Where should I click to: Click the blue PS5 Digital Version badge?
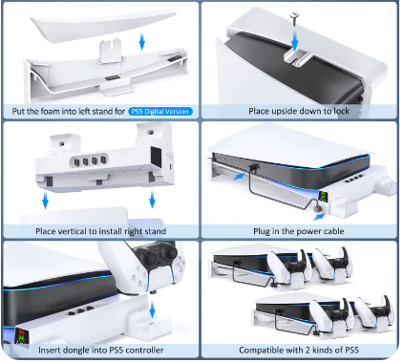point(160,112)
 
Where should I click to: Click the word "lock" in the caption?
point(341,111)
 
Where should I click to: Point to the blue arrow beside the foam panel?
point(142,41)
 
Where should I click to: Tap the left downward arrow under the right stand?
point(46,200)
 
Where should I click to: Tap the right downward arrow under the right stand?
point(152,200)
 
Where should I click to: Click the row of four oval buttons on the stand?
point(89,160)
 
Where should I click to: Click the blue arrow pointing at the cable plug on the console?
point(239,176)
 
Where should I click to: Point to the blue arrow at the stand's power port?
point(318,217)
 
